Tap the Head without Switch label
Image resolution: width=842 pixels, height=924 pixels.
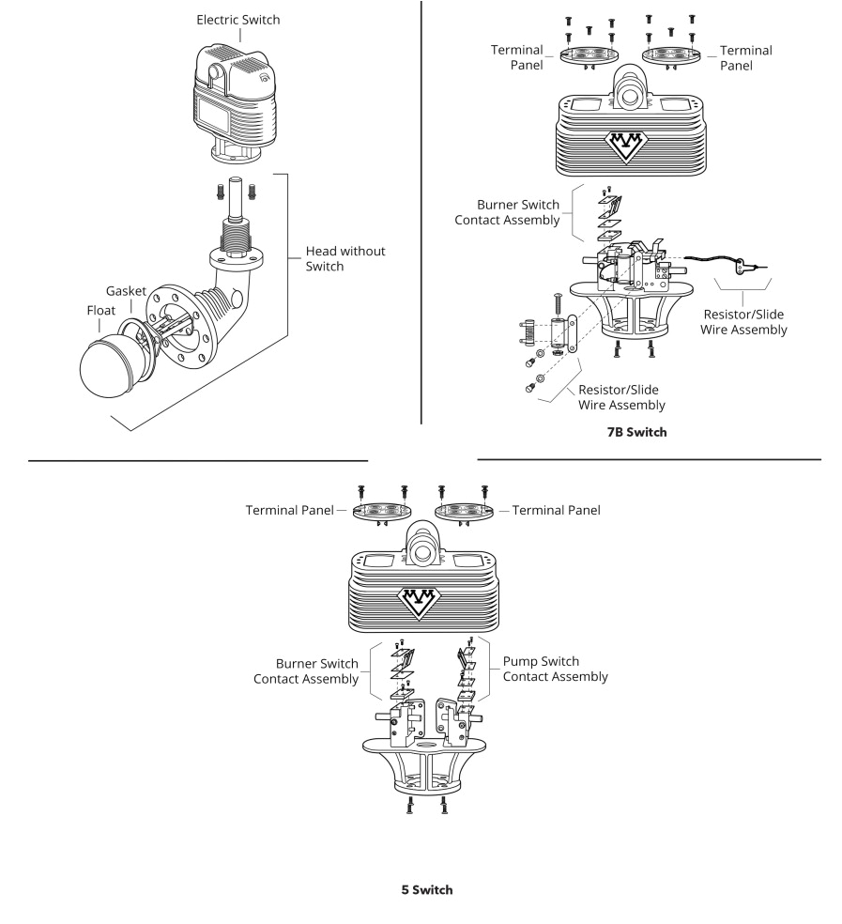pyautogui.click(x=344, y=259)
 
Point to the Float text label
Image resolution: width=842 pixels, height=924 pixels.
pyautogui.click(x=90, y=309)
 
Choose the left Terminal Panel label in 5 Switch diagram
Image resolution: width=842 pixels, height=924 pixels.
pyautogui.click(x=290, y=511)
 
